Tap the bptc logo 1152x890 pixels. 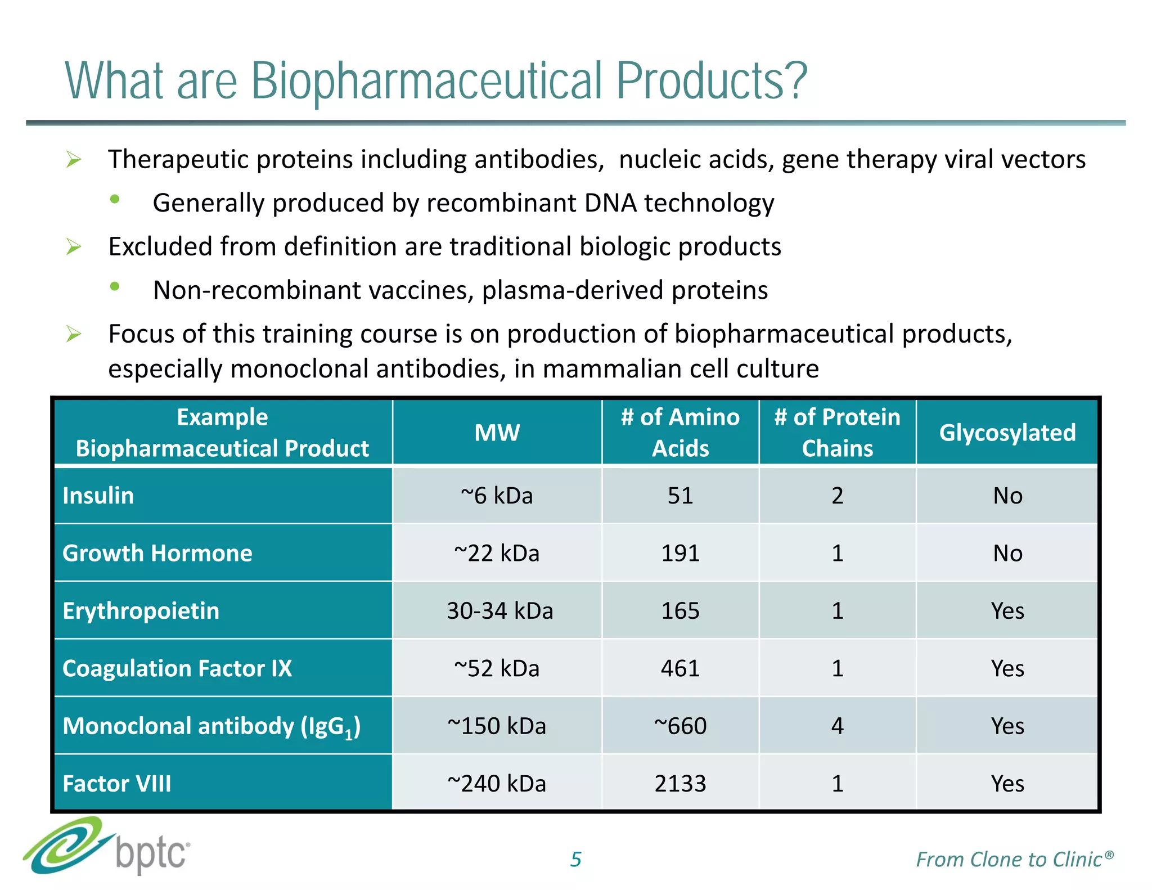tap(107, 847)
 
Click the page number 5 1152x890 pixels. tap(575, 859)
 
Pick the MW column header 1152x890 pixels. tap(497, 433)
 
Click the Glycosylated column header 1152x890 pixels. tap(1007, 433)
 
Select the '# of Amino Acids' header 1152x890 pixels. tap(680, 433)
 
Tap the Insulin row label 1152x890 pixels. tap(98, 496)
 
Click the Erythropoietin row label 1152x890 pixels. tap(141, 611)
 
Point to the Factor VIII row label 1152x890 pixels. tap(116, 784)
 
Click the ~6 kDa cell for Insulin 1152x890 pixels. tap(497, 496)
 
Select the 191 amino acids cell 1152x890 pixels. tap(680, 553)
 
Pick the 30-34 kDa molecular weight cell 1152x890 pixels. tap(499, 611)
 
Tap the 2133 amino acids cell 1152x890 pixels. tap(680, 784)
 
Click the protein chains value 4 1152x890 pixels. tap(837, 726)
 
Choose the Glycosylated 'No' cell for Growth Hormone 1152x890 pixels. tap(1007, 553)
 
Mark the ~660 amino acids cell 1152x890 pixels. tap(680, 726)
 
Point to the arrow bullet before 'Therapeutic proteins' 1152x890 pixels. tap(74, 160)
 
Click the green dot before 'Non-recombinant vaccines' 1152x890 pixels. tap(115, 286)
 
